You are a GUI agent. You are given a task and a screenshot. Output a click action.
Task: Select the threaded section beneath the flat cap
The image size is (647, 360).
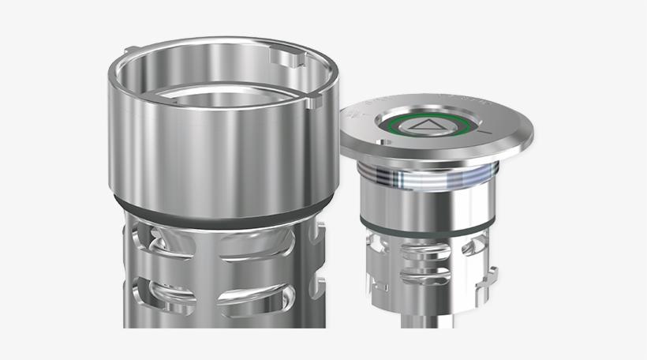tap(430, 178)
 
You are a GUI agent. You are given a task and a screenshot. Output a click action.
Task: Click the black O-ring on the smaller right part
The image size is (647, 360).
tap(430, 227)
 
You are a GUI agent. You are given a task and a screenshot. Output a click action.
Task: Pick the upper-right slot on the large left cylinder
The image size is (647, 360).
tap(252, 242)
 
